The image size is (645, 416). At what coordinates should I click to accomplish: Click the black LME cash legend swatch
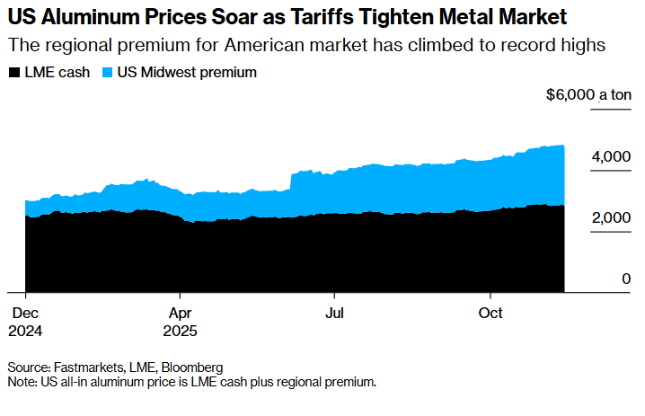[13, 73]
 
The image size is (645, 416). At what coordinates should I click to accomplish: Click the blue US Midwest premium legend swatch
[109, 73]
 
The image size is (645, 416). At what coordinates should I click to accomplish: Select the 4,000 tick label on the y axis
[612, 156]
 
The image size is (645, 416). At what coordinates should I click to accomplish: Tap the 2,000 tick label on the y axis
[612, 218]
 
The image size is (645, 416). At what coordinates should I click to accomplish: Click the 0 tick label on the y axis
[627, 279]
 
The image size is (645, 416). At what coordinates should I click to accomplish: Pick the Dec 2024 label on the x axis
[25, 321]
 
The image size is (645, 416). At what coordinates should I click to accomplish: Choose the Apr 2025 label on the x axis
[180, 321]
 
